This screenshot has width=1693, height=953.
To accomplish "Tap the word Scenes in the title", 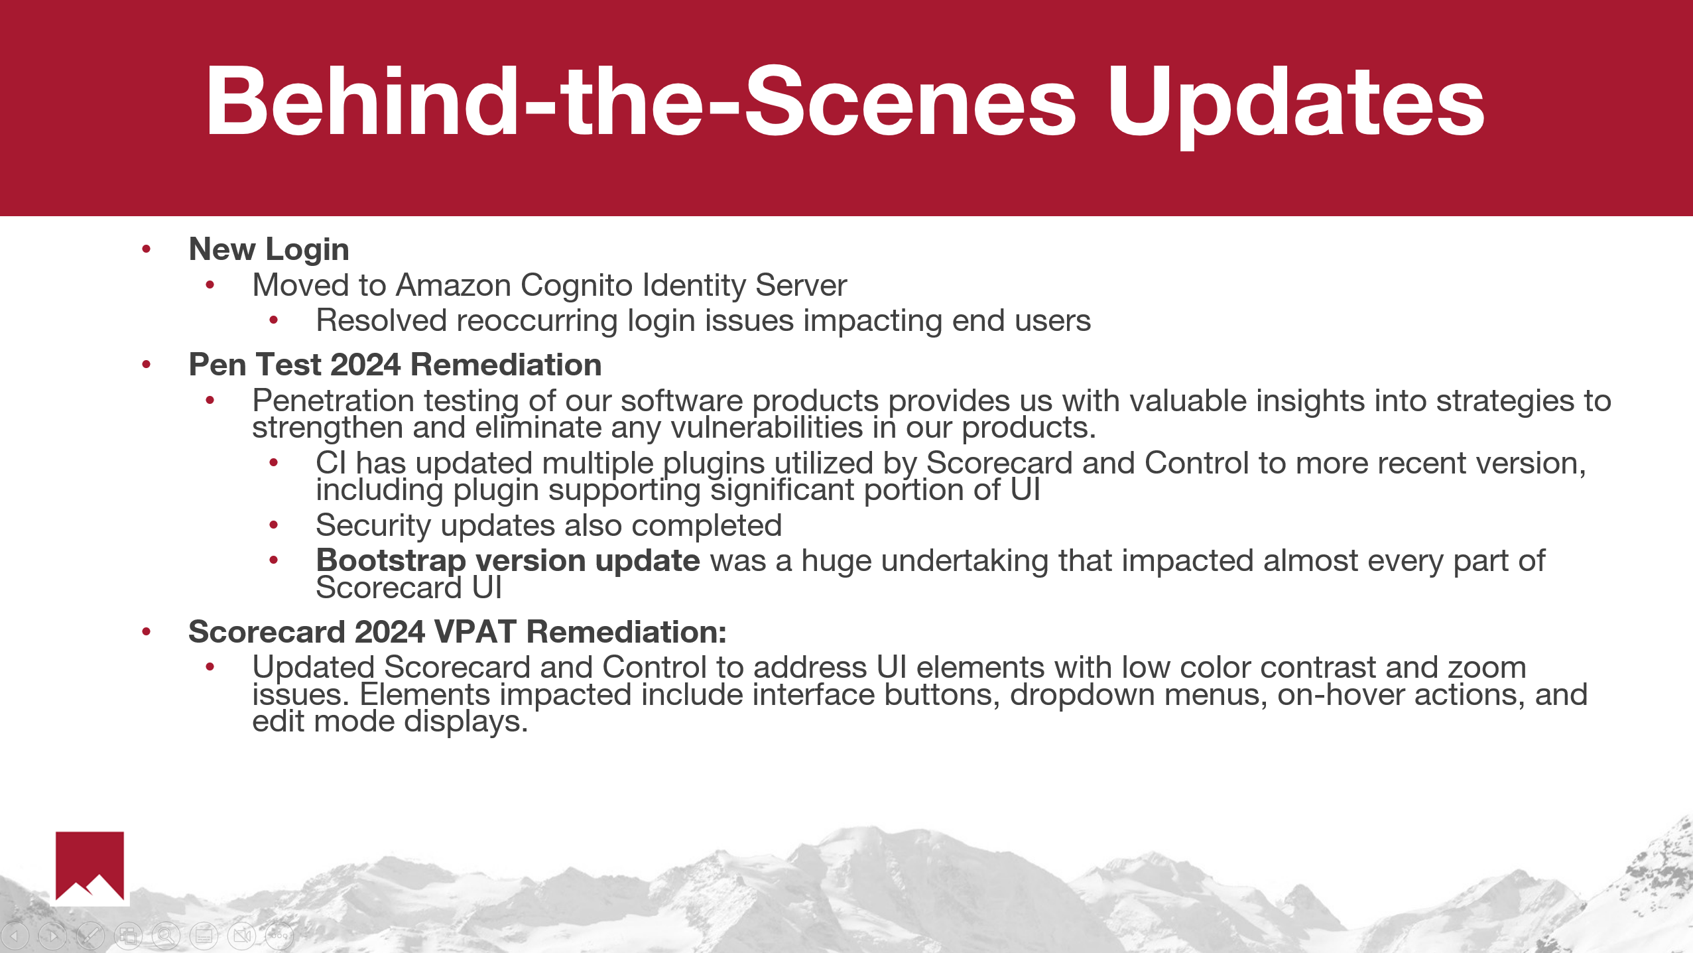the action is click(910, 101).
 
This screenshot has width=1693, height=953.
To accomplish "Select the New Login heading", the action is click(269, 250).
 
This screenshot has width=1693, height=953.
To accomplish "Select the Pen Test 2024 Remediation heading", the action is click(395, 365).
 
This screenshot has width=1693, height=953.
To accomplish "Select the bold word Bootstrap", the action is click(391, 562).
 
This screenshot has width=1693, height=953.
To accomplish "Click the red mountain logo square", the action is click(90, 866).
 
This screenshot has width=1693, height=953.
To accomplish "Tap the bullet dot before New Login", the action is click(147, 249).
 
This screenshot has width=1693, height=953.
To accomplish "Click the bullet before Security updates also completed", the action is click(274, 526).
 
